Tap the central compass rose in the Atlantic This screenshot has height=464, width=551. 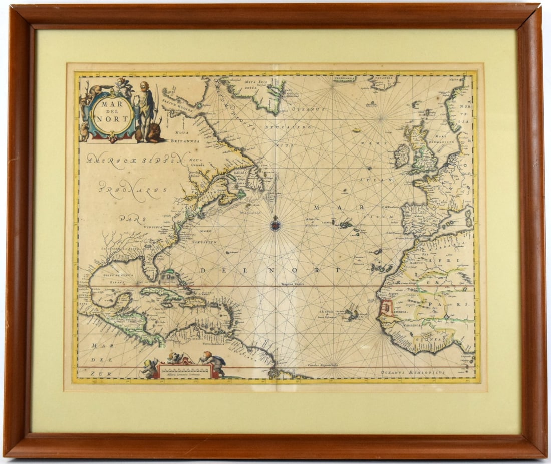[275, 224]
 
